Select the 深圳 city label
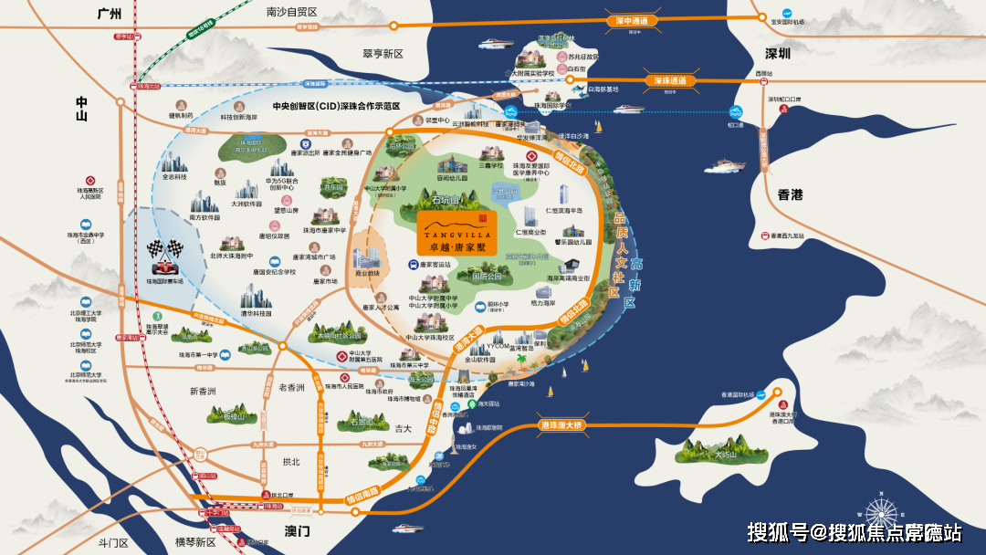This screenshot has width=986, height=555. (x=777, y=54)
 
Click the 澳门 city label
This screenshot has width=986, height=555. (x=297, y=530)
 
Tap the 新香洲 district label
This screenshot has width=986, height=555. (x=203, y=392)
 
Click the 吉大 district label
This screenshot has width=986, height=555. (x=404, y=428)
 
